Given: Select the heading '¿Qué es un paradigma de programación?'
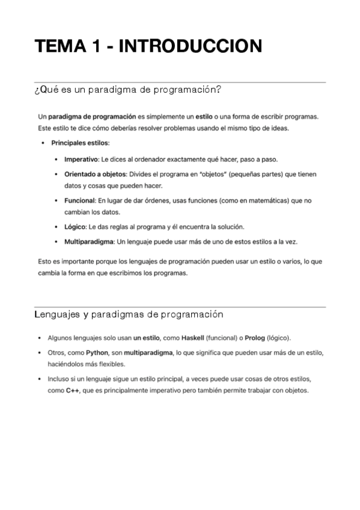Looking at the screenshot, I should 129,90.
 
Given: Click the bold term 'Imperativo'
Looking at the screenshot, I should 81,159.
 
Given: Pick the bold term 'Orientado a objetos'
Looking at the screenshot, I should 91,174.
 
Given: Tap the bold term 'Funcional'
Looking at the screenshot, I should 78,200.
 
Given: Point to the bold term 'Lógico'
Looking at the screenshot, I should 75,227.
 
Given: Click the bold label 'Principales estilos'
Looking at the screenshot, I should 80,143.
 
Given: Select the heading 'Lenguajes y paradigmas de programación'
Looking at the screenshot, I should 129,314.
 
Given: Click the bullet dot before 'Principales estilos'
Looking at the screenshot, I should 43,143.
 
